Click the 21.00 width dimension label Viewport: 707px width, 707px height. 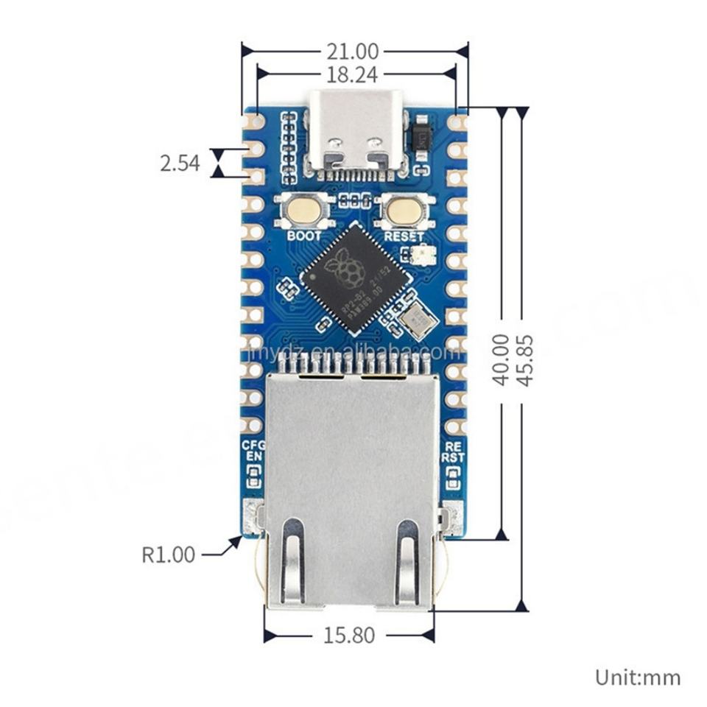[x=353, y=52]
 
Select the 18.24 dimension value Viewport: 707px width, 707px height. [x=353, y=73]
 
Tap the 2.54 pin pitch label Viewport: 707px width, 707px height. [x=180, y=163]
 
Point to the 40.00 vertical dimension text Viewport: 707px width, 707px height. [x=502, y=359]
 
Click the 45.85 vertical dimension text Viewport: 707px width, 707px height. [x=524, y=359]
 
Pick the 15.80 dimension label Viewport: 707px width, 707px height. [x=348, y=635]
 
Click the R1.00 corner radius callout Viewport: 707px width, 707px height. [x=169, y=554]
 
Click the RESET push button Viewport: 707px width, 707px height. [x=402, y=211]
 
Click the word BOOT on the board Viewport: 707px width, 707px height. [x=304, y=236]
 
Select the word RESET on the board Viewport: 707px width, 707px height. [x=404, y=236]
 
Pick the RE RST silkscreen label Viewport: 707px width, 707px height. [x=453, y=451]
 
